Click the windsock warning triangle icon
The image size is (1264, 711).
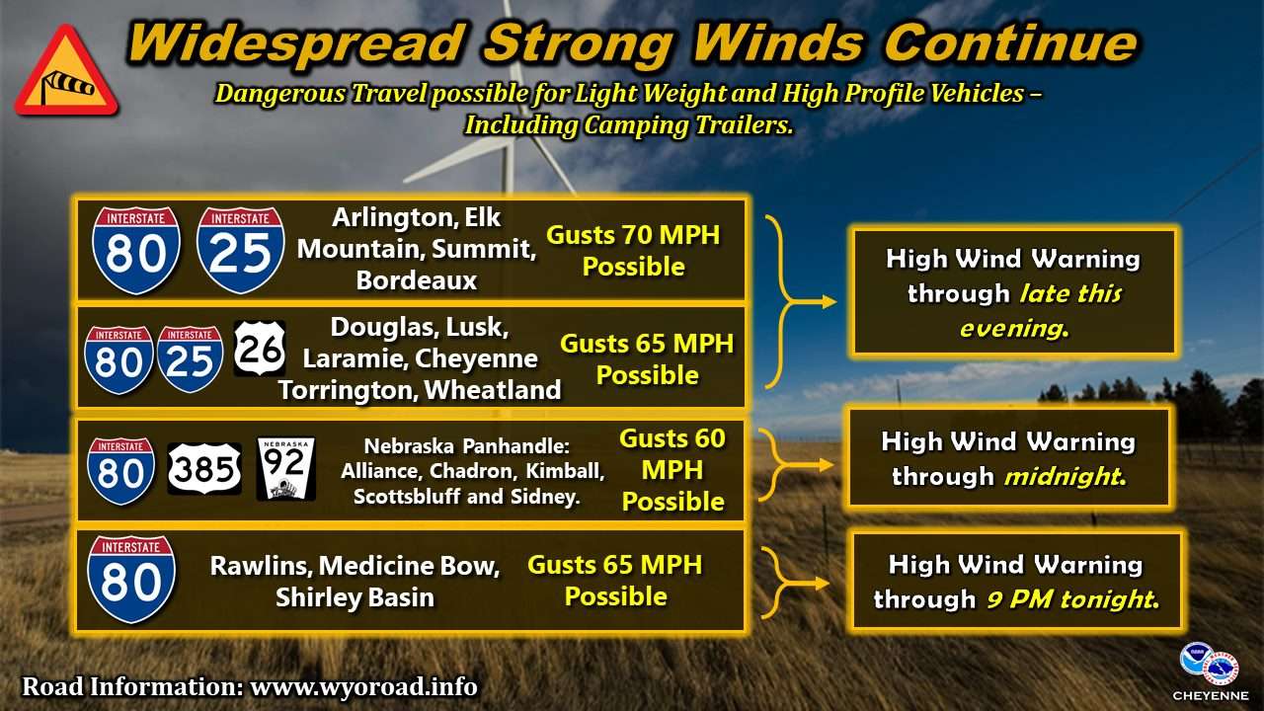66,72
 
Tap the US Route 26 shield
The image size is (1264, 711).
260,349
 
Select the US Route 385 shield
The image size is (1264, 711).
204,469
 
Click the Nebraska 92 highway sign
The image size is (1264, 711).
286,469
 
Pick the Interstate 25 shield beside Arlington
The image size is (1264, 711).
240,250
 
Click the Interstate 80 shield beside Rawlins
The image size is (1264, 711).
131,580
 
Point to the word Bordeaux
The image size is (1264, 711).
417,280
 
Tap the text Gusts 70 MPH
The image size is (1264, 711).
633,235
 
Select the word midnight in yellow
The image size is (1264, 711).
1066,477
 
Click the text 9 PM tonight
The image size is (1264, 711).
1072,599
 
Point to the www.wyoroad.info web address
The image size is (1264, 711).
364,686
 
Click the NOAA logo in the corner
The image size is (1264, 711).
1195,659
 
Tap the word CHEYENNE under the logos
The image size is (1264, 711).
1211,696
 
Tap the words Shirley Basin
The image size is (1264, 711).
355,597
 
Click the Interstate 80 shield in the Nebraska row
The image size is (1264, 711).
120,471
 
